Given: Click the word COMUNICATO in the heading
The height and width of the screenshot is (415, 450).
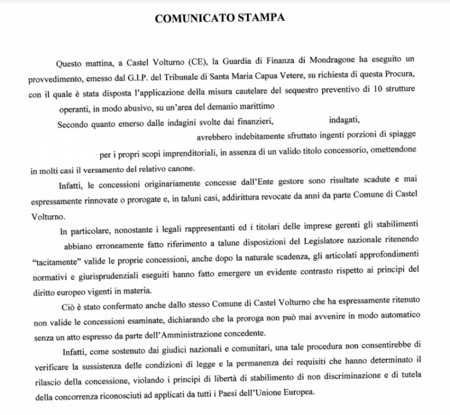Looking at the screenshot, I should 190,17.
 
